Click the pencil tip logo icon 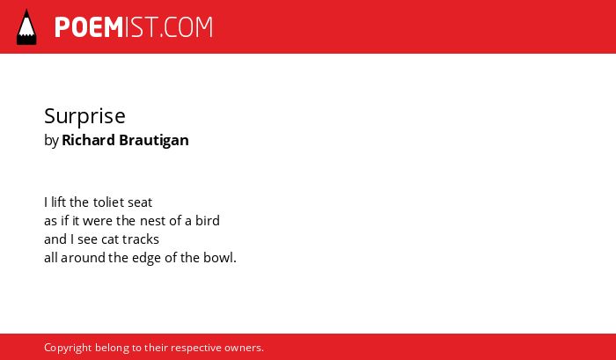pyautogui.click(x=26, y=27)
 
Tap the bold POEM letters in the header pyautogui.click(x=89, y=27)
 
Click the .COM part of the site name pyautogui.click(x=186, y=27)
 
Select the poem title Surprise pyautogui.click(x=84, y=116)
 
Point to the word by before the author pyautogui.click(x=51, y=140)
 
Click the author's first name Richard pyautogui.click(x=88, y=140)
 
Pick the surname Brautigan pyautogui.click(x=154, y=141)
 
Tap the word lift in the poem pyautogui.click(x=58, y=202)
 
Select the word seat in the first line pyautogui.click(x=140, y=202)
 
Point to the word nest pyautogui.click(x=153, y=221)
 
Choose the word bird pyautogui.click(x=208, y=220)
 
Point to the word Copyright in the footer pyautogui.click(x=68, y=349)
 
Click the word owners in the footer pyautogui.click(x=242, y=349)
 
